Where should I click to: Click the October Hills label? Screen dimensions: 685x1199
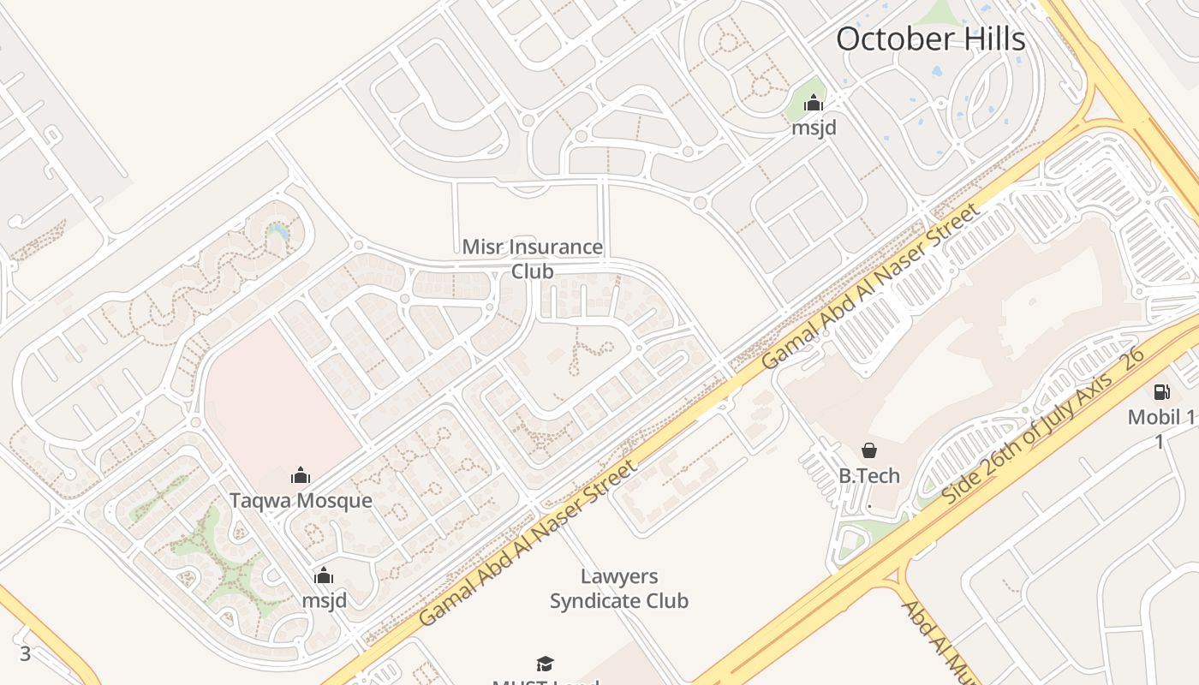click(930, 39)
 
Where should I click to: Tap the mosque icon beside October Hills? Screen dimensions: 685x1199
click(813, 104)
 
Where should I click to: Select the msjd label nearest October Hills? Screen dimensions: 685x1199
click(813, 128)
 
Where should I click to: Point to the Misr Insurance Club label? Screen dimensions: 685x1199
click(532, 259)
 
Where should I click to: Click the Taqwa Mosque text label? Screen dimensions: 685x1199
click(301, 500)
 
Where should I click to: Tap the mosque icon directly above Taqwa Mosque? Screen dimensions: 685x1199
click(301, 476)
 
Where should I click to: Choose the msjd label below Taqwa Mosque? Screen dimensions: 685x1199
click(324, 600)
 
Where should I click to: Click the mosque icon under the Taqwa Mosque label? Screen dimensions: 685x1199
click(324, 575)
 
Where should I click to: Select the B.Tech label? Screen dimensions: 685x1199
click(868, 475)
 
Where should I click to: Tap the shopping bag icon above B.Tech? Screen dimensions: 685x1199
click(868, 450)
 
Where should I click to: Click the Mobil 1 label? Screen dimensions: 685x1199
click(1160, 418)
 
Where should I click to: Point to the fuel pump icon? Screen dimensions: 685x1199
click(1161, 392)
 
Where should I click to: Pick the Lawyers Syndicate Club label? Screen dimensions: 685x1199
click(618, 588)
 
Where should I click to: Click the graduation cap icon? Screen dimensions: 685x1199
click(545, 664)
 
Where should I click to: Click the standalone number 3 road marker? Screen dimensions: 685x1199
click(25, 654)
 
